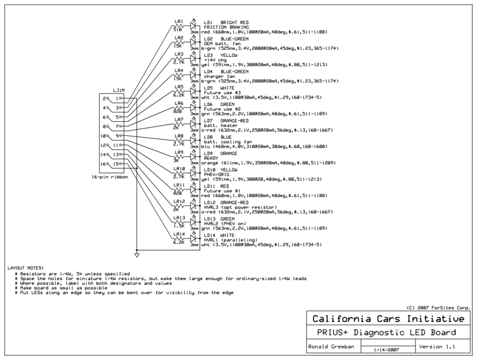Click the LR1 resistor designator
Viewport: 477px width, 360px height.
[178, 22]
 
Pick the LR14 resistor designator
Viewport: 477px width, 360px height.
[179, 233]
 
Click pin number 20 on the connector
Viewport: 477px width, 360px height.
[106, 98]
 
